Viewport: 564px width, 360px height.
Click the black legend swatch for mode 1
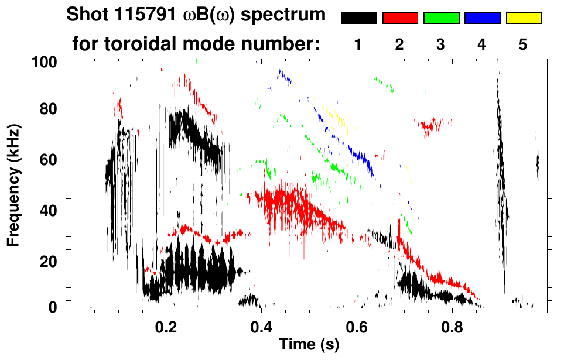(358, 18)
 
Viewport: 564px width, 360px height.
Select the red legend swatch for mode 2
(400, 18)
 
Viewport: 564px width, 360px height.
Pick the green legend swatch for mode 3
(441, 18)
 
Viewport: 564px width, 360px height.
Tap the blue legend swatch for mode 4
(482, 18)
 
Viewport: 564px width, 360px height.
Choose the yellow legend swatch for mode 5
(524, 18)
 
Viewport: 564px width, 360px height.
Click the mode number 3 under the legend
(441, 45)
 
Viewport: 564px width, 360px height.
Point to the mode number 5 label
(523, 45)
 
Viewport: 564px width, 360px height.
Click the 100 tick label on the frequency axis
(45, 60)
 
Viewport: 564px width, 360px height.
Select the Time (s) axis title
(309, 345)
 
